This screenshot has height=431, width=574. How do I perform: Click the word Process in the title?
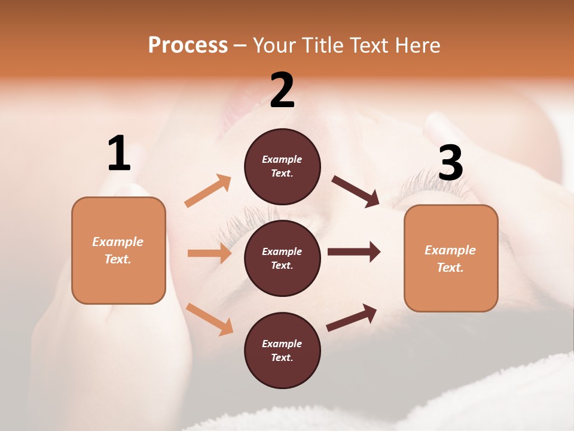pyautogui.click(x=188, y=45)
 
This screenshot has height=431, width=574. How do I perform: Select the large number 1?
pyautogui.click(x=119, y=153)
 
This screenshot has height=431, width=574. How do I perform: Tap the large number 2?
pyautogui.click(x=282, y=90)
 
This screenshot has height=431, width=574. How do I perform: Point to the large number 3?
pyautogui.click(x=450, y=163)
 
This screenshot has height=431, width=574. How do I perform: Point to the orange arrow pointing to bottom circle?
pyautogui.click(x=209, y=318)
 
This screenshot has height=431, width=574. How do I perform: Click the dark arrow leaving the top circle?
pyautogui.click(x=355, y=191)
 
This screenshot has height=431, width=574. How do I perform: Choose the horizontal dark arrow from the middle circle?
pyautogui.click(x=353, y=251)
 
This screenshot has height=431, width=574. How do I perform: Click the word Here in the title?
pyautogui.click(x=417, y=45)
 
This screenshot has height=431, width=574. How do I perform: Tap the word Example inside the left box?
pyautogui.click(x=118, y=242)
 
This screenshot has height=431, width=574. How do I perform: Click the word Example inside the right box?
pyautogui.click(x=450, y=250)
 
